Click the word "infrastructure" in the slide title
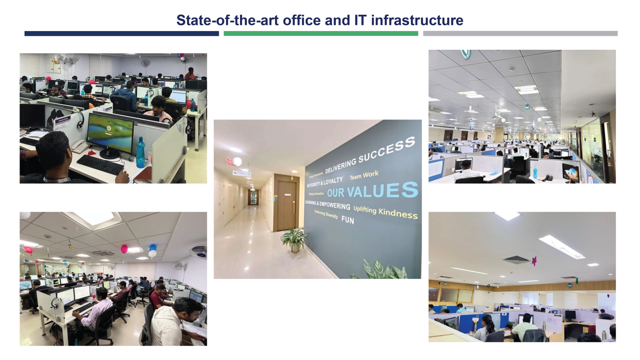tap(417, 20)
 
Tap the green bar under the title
tap(320, 33)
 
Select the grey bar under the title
tap(520, 33)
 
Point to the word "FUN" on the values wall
tap(348, 220)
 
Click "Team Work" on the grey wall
tap(364, 175)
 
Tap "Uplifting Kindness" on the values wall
tap(385, 211)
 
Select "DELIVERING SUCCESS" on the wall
tap(369, 155)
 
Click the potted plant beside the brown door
tap(294, 239)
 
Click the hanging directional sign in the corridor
tap(241, 173)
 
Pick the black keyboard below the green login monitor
tap(100, 164)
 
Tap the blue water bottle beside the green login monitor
tap(140, 153)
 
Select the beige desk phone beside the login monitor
tap(80, 146)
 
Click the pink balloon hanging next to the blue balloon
tap(124, 249)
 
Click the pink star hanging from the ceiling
tap(534, 260)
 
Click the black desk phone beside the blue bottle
tap(549, 178)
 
